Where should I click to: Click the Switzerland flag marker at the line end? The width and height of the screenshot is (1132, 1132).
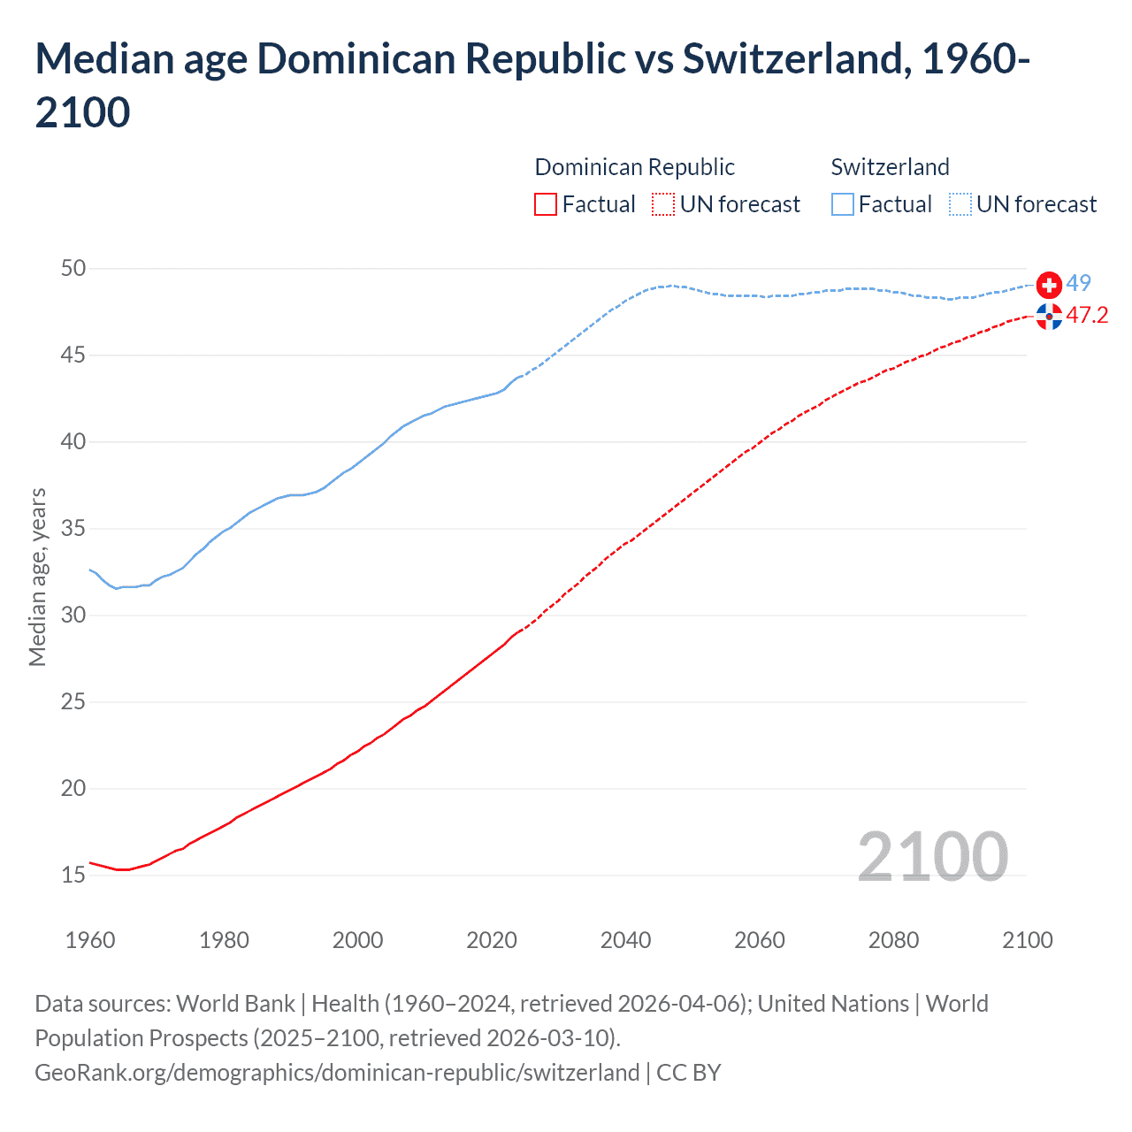[1049, 285]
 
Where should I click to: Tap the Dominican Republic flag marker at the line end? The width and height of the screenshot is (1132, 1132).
[1049, 316]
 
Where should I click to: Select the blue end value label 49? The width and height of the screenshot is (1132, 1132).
[1078, 284]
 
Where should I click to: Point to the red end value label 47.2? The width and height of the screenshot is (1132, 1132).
[1087, 316]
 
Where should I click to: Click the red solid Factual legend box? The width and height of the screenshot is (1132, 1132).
[546, 205]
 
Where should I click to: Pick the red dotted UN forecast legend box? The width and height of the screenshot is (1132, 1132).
[663, 205]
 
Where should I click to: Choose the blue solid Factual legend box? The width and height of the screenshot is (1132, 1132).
[843, 205]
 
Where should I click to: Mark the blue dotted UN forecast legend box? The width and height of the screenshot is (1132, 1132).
[960, 205]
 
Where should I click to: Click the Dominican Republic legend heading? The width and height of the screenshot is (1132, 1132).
[634, 167]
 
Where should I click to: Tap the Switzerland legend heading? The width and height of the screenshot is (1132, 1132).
[890, 167]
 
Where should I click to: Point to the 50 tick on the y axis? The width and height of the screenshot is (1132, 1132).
[73, 268]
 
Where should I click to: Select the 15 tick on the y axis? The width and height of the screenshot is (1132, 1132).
[73, 876]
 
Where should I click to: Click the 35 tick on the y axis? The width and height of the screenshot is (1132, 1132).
[73, 529]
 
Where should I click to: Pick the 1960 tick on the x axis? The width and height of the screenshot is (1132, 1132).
[90, 940]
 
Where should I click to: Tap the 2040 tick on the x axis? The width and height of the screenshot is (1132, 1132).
[625, 940]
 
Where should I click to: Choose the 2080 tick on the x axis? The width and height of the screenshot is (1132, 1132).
[893, 940]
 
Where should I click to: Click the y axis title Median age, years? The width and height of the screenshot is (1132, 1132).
[37, 577]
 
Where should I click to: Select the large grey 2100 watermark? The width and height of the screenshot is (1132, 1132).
[932, 857]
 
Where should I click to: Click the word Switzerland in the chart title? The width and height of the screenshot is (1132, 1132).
[793, 59]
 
